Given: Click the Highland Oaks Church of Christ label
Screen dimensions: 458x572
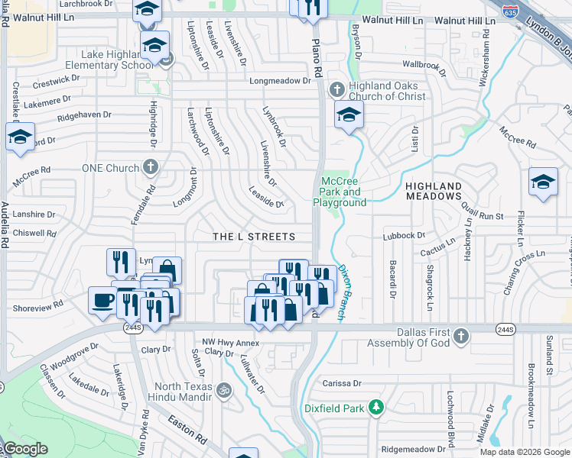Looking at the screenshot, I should [x=386, y=91].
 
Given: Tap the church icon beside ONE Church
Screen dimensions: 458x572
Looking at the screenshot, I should [x=151, y=167].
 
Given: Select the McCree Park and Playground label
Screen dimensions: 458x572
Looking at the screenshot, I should [x=340, y=192].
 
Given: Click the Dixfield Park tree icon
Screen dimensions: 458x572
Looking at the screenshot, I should [x=375, y=407].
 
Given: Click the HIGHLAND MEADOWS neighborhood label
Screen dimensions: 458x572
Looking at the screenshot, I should [x=434, y=191].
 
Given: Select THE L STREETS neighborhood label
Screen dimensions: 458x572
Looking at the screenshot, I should [x=253, y=237].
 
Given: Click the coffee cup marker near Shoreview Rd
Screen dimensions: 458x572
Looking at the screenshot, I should [x=102, y=300].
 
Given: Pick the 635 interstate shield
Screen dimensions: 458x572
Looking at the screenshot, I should [x=511, y=9].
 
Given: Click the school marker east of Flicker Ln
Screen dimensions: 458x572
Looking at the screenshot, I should [x=543, y=182].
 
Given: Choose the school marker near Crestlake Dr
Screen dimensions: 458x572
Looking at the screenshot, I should [x=20, y=137].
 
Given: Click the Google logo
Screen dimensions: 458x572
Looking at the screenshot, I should [x=24, y=449].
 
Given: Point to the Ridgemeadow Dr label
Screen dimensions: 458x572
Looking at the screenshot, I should [x=414, y=449].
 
